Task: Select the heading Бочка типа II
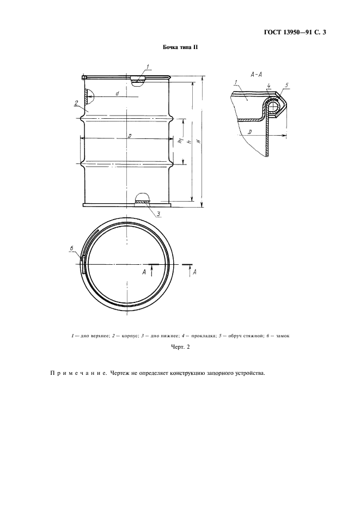tap(180, 48)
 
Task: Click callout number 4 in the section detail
tap(269, 86)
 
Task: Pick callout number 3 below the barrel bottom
tap(158, 214)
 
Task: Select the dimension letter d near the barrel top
tap(117, 94)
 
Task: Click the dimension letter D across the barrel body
tap(129, 136)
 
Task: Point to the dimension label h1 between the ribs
tap(180, 141)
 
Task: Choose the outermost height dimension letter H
tap(198, 141)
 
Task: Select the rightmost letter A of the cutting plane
tap(194, 271)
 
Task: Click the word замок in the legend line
tap(282, 336)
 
